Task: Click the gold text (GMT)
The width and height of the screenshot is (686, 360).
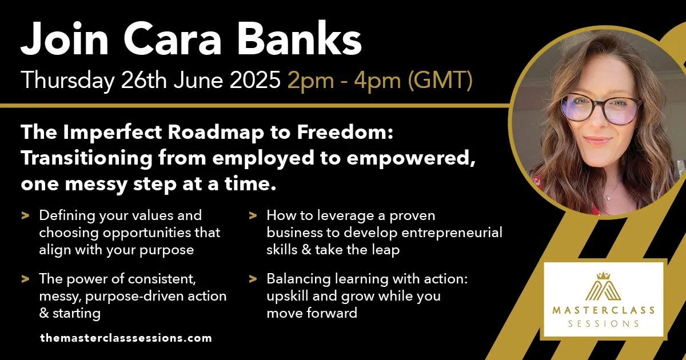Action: click(440, 81)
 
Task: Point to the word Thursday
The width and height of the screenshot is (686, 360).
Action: click(67, 81)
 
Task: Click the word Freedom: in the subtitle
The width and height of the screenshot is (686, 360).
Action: click(345, 132)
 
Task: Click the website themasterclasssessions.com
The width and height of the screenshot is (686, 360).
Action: click(126, 338)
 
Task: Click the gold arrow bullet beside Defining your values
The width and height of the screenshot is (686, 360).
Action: click(25, 215)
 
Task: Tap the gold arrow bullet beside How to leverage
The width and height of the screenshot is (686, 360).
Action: click(253, 215)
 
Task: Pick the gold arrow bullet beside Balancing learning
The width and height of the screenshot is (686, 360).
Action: click(253, 279)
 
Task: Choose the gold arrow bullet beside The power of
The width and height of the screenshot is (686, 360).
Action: click(25, 279)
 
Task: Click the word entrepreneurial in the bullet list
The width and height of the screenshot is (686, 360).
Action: click(452, 233)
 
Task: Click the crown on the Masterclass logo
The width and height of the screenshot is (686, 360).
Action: click(603, 276)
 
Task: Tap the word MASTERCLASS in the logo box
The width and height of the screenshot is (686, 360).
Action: click(603, 310)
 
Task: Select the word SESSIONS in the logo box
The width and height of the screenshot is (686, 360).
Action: click(603, 324)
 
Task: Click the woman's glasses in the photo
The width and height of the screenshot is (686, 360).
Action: click(601, 109)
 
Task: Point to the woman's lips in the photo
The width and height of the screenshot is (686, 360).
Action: click(597, 141)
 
